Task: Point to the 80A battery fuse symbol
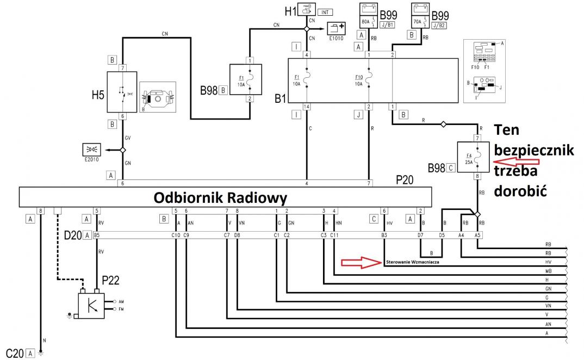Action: pyautogui.click(x=369, y=15)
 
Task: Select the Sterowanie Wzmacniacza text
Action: pyautogui.click(x=412, y=262)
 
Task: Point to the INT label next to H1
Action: pyautogui.click(x=325, y=12)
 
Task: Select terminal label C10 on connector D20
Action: pyautogui.click(x=176, y=235)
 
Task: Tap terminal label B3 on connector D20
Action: pyautogui.click(x=384, y=235)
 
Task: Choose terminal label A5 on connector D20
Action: pyautogui.click(x=477, y=235)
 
